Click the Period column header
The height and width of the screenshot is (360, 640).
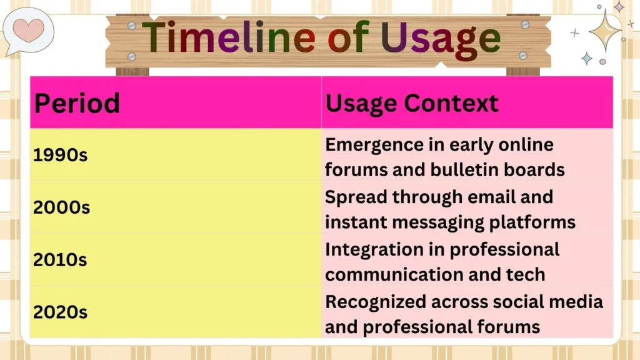[x=76, y=103]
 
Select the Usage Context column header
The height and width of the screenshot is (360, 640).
[x=412, y=103]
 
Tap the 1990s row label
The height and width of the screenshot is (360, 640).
[x=60, y=156]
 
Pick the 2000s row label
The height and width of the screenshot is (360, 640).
[x=61, y=208]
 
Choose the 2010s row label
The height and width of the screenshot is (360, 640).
[x=60, y=260]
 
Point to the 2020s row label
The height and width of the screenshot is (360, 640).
[x=60, y=312]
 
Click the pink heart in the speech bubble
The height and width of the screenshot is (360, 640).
[x=29, y=29]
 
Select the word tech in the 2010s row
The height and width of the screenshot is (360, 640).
[x=526, y=274]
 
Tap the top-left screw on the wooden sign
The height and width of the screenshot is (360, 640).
[x=131, y=26]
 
